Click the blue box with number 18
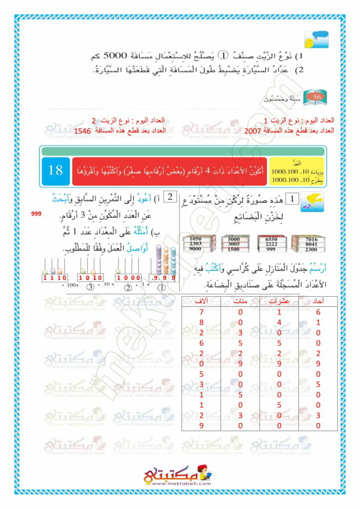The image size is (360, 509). (x=56, y=170)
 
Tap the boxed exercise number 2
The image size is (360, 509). (x=170, y=197)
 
